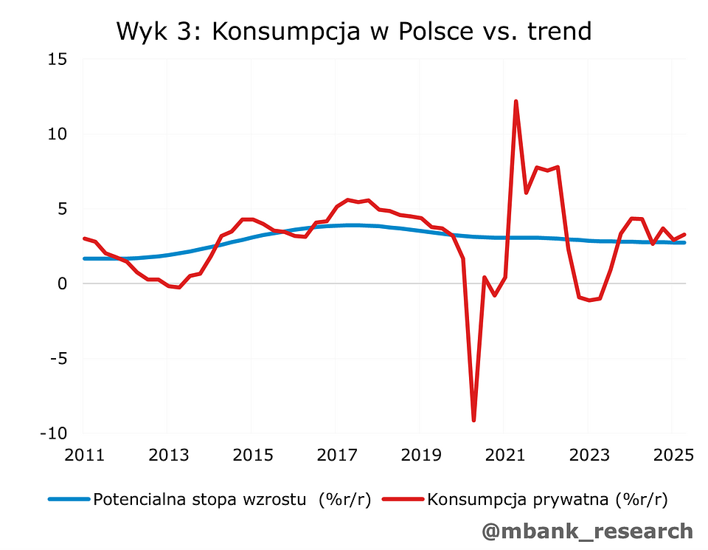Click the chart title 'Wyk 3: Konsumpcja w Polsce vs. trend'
tap(353, 31)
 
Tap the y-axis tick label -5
tap(59, 358)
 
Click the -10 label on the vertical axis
tap(55, 433)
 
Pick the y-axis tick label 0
tap(63, 283)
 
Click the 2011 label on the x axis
tap(83, 455)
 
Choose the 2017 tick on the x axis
tap(335, 455)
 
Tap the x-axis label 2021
tap(504, 455)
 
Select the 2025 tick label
tap(672, 455)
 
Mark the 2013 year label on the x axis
tap(167, 455)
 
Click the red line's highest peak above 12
tap(516, 101)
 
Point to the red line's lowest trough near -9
tap(473, 420)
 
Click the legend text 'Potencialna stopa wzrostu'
tap(199, 499)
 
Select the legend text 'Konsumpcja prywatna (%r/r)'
tap(547, 499)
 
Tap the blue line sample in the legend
tap(69, 499)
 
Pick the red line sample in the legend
tap(403, 499)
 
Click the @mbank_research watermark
tap(587, 530)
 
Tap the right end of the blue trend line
tap(684, 242)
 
